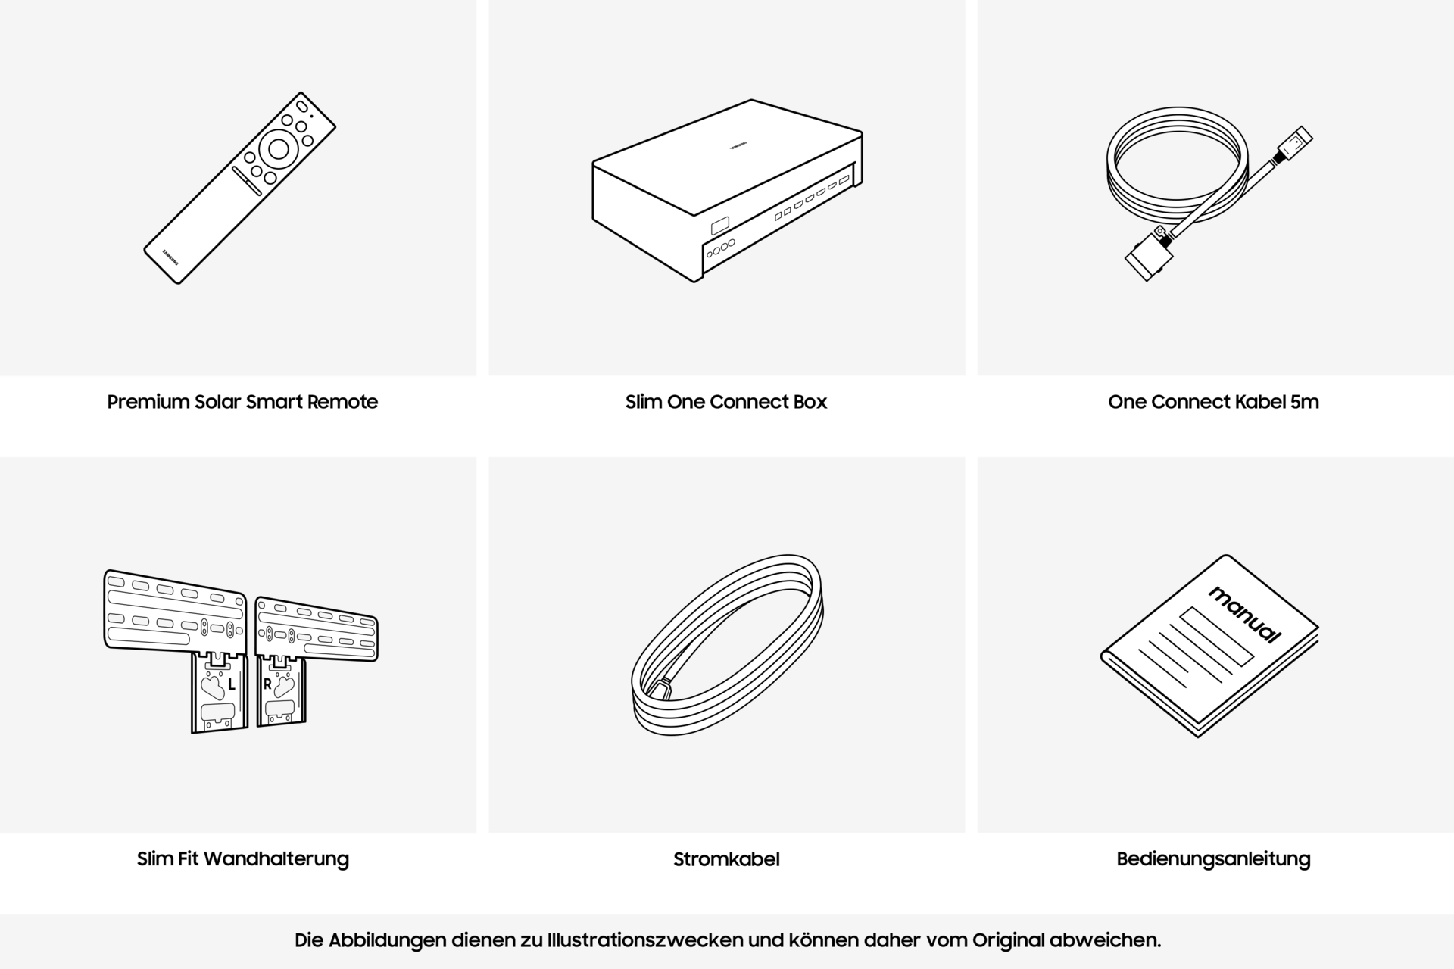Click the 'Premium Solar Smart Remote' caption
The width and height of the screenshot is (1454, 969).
[242, 402]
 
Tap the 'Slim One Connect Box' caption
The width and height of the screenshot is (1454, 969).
[725, 402]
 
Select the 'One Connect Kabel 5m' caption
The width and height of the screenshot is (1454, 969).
[1213, 402]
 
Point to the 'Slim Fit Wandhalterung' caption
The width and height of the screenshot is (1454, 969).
[242, 858]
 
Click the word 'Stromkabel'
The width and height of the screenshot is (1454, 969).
[725, 859]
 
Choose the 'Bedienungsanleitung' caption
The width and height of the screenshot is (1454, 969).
[1213, 858]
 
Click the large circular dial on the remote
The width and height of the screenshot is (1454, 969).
[279, 150]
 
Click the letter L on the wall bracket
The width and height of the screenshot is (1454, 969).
[232, 685]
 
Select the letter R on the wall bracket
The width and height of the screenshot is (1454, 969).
[267, 684]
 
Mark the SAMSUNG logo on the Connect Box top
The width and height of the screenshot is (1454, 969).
[737, 146]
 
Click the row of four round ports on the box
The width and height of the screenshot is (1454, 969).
[720, 249]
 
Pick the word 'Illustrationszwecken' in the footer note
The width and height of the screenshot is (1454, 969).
[644, 940]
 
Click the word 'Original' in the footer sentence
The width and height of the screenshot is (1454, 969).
[1008, 940]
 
